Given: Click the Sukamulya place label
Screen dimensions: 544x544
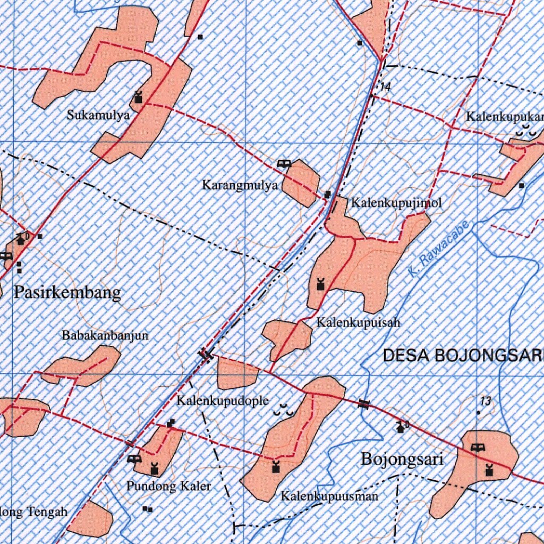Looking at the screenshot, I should point(98,115).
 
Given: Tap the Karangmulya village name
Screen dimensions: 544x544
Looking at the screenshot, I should point(240,185).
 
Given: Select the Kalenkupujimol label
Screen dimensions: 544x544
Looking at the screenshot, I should point(396,202).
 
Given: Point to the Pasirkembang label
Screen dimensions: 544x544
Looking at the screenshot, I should point(67,292).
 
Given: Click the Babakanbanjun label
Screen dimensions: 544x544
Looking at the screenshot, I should point(105,335).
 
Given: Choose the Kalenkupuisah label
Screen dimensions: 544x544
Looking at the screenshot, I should point(358,322).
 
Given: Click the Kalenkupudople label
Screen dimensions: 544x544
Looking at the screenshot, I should point(223,401).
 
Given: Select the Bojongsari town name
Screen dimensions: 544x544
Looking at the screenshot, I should point(402,458).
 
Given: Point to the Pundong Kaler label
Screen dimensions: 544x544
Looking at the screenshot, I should point(168,486).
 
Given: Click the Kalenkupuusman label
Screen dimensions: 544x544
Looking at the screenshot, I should point(329,497).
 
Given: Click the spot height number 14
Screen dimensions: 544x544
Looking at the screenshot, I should point(385,87).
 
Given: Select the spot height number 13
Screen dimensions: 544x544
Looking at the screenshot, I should point(485,401).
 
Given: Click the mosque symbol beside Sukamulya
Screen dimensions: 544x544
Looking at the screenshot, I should point(139,97).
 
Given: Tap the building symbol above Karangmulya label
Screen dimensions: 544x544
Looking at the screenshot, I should point(284,164).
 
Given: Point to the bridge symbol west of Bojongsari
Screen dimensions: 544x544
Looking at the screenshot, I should point(364,404).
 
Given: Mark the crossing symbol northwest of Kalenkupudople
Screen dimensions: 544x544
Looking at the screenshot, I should point(206,354).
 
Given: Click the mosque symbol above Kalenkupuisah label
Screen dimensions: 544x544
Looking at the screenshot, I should point(320,284).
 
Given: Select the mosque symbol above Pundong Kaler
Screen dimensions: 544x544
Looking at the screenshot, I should point(154,469).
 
